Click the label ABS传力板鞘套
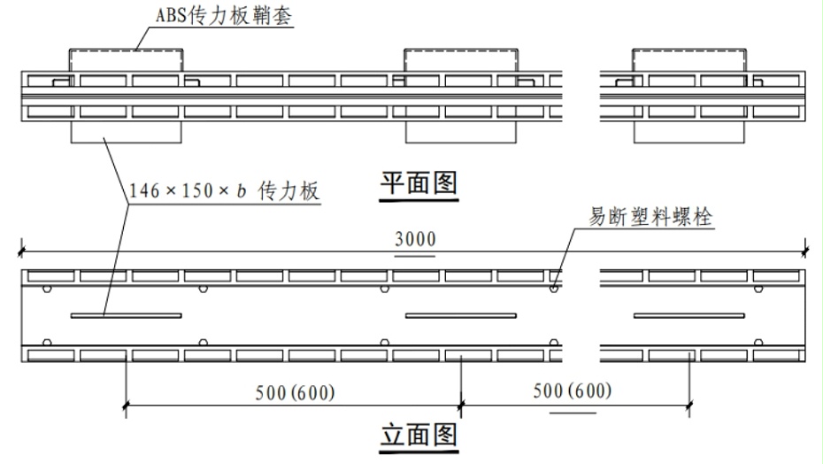pos(224,15)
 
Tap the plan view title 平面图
pos(419,183)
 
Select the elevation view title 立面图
pos(419,435)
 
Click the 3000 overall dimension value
pos(415,239)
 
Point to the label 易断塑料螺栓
pos(650,216)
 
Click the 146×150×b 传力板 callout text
pos(224,190)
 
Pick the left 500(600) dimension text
pos(295,392)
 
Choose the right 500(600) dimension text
pos(573,391)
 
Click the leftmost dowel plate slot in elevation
pos(126,316)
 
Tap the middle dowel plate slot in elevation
pos(461,316)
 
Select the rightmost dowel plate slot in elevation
pos(689,316)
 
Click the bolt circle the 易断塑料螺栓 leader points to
pos(554,289)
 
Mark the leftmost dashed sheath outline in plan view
pos(126,50)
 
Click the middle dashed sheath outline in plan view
pos(461,50)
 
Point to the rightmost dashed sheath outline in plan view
pos(689,50)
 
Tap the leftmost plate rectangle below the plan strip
pos(126,143)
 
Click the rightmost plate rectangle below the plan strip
pos(689,143)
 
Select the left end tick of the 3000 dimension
pos(21,251)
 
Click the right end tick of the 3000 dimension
pos(804,251)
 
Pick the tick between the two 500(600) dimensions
pos(461,406)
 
